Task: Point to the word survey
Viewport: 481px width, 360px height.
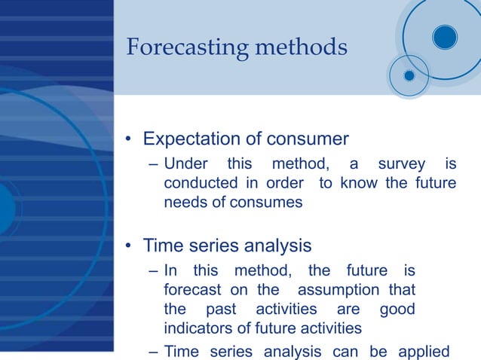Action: click(402, 164)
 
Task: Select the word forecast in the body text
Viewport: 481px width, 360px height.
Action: click(192, 290)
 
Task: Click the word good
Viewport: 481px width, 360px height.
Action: click(397, 310)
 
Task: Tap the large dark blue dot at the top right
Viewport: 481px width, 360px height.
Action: click(445, 36)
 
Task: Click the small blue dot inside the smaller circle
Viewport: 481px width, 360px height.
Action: click(409, 75)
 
